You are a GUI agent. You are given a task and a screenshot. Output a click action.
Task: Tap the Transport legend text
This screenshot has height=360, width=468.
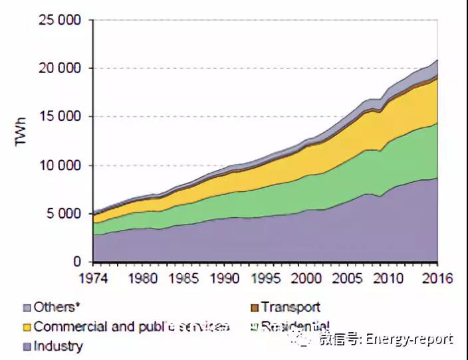[291, 307]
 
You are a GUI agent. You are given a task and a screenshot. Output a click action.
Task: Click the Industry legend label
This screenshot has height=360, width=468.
[58, 346]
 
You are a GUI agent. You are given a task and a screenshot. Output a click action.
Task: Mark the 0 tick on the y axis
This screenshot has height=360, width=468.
[78, 262]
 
